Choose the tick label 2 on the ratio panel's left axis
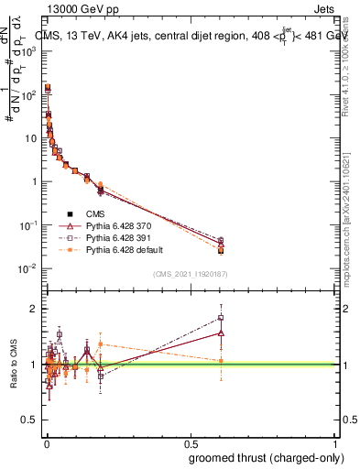(x=36, y=309)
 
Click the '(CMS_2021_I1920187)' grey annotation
(x=191, y=274)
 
